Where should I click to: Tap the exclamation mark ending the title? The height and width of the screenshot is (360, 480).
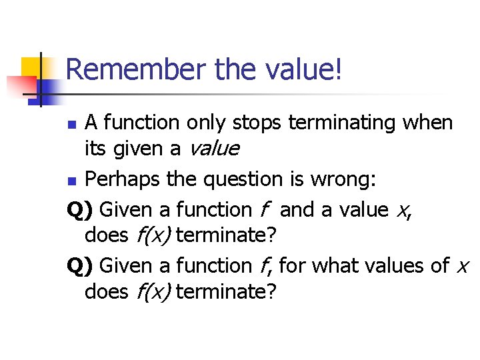pos(339,70)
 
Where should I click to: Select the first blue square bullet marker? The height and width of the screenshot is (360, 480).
pos(75,124)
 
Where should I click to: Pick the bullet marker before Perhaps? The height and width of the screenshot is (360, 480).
pos(75,181)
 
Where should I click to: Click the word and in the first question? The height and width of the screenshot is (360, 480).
pos(298,209)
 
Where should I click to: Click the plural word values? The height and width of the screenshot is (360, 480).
pos(401,266)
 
